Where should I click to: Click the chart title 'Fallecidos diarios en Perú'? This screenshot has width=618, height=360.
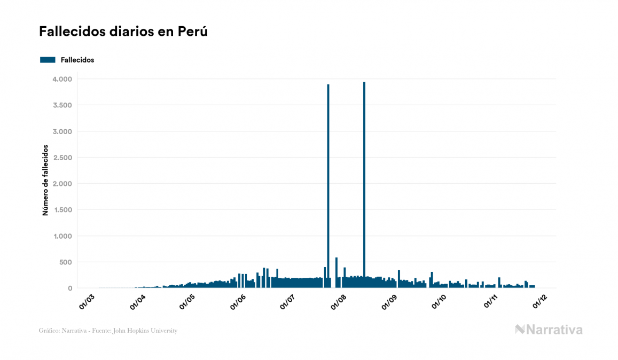[x=123, y=32]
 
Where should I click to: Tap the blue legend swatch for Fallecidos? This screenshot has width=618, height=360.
[x=48, y=60]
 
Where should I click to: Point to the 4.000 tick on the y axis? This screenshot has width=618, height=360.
[x=62, y=79]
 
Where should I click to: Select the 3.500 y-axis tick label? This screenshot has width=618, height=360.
[x=62, y=105]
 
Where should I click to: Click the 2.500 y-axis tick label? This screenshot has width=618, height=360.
[x=62, y=158]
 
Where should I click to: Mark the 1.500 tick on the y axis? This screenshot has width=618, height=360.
[x=62, y=210]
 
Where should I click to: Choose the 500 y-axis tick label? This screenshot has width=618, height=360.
[x=66, y=262]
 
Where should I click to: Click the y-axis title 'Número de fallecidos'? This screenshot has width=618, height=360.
[x=45, y=179]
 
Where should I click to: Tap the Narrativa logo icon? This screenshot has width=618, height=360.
[x=520, y=330]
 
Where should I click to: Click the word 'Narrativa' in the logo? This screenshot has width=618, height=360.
[x=554, y=330]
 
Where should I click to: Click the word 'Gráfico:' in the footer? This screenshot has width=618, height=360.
[x=50, y=331]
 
